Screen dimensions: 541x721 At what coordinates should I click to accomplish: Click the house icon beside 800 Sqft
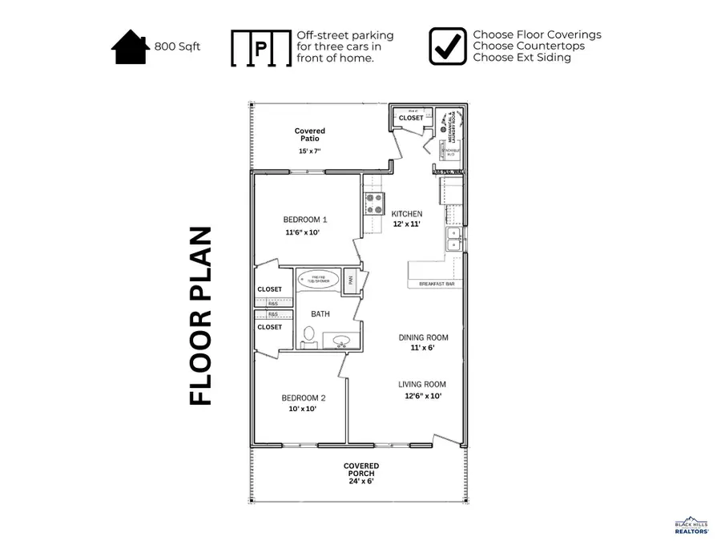(131, 46)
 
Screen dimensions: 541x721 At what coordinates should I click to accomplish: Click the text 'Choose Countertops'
(528, 46)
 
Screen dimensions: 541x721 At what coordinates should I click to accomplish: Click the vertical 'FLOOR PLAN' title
(201, 316)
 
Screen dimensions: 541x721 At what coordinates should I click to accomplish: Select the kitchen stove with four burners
(374, 204)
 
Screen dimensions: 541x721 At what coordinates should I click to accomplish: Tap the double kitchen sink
(453, 239)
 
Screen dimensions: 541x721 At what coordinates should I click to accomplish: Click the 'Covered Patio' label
(309, 135)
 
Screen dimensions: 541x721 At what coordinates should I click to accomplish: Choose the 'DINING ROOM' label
(423, 337)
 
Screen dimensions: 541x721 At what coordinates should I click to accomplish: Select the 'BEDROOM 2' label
(303, 398)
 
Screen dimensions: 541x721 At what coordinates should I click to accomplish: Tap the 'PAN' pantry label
(351, 280)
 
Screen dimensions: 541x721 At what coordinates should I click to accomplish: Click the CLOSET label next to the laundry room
(411, 118)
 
